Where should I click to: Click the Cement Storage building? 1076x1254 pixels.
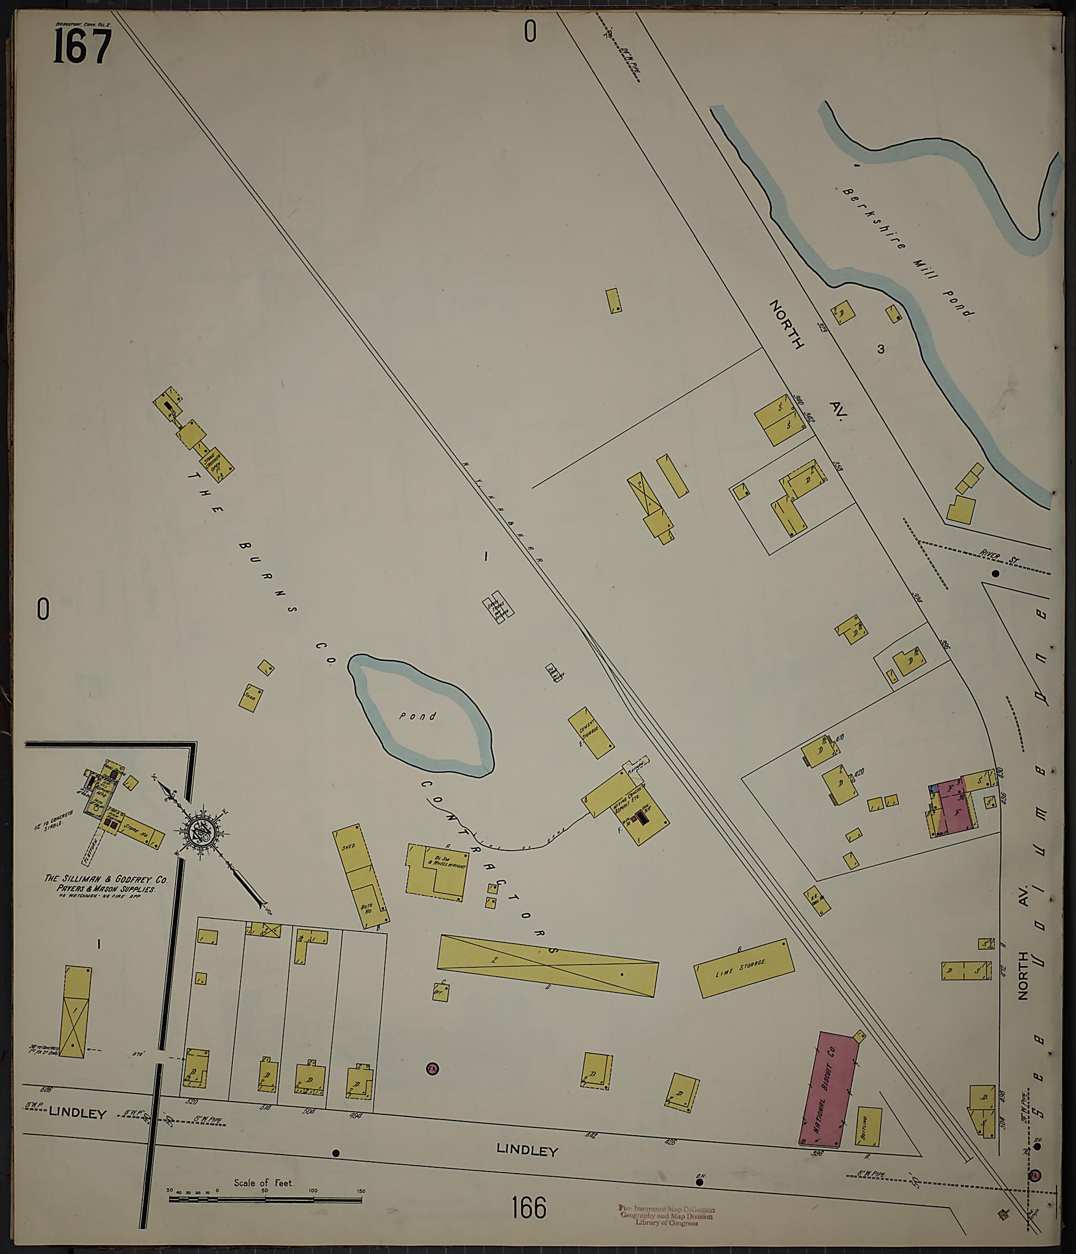pyautogui.click(x=591, y=733)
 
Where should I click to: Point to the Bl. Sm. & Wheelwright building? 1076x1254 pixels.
pyautogui.click(x=438, y=871)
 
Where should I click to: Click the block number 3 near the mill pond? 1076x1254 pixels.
pyautogui.click(x=881, y=349)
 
